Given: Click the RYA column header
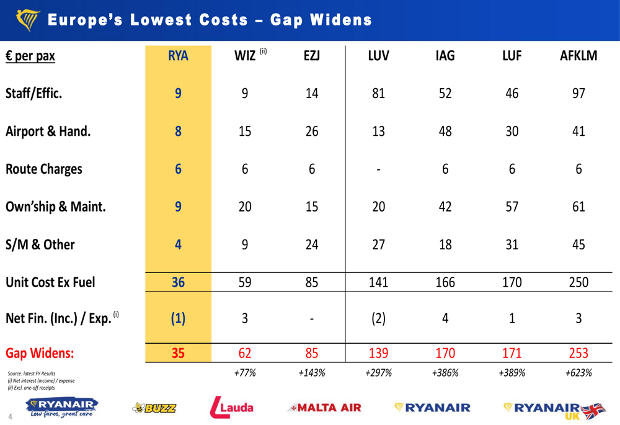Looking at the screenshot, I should tap(178, 56).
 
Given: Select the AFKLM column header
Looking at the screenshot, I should tap(578, 56).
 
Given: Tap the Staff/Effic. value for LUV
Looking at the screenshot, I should tap(378, 94).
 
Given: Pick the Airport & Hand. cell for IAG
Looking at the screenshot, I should tap(445, 132).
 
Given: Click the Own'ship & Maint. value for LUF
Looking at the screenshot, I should tap(511, 207).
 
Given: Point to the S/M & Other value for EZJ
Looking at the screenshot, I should tap(312, 244).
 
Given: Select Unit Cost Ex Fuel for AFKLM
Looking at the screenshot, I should tap(578, 283).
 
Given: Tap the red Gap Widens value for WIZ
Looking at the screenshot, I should tap(245, 354).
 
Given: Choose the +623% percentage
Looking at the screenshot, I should tap(578, 373).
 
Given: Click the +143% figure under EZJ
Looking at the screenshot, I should tap(312, 373).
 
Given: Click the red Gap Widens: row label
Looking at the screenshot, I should tap(40, 354).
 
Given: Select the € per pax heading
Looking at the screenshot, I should tap(30, 56).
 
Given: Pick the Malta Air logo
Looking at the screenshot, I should tap(324, 408).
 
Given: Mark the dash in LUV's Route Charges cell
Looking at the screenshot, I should tap(378, 169).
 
